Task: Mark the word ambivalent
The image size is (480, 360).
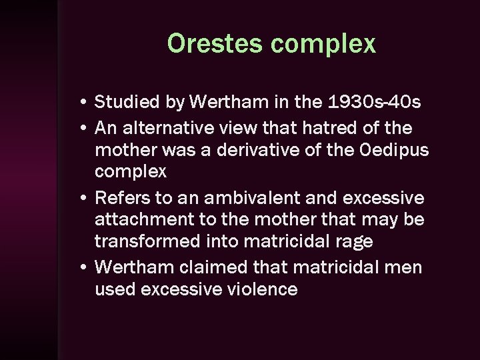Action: click(x=245, y=198)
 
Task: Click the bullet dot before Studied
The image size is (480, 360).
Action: click(x=80, y=103)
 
